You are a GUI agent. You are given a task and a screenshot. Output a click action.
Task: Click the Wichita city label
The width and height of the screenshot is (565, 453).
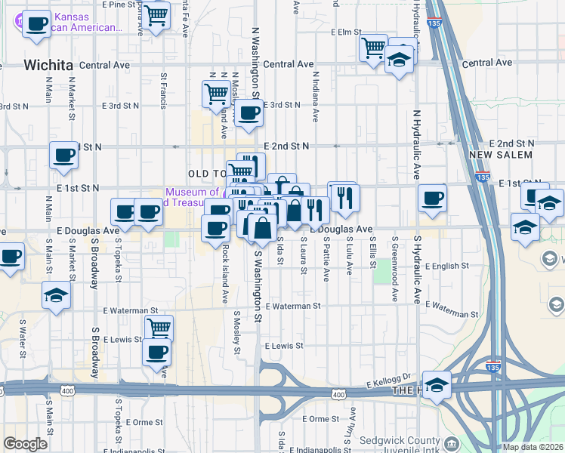[x=48, y=65]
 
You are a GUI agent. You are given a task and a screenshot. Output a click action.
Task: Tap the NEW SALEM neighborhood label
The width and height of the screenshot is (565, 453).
[x=501, y=155]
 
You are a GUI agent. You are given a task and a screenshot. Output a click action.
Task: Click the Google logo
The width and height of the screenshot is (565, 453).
[x=25, y=444]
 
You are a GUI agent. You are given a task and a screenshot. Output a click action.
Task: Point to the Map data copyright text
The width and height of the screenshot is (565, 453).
[x=533, y=447]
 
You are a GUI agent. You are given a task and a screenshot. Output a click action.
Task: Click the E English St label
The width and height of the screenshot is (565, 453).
[x=447, y=266]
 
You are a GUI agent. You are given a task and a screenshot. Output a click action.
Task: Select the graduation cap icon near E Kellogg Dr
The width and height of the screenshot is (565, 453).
[x=437, y=384]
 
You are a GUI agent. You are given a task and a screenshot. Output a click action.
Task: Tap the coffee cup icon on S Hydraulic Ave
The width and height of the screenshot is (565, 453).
[x=432, y=198]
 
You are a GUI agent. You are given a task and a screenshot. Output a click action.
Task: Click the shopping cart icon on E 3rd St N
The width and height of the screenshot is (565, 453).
[x=216, y=93]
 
